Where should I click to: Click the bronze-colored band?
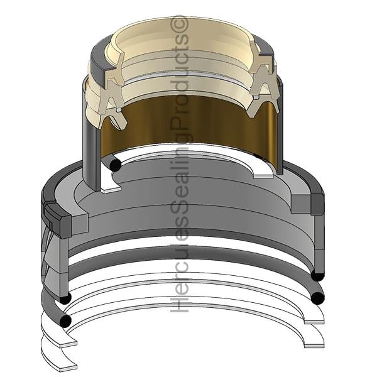(190, 125)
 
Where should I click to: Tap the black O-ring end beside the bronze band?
(115, 165)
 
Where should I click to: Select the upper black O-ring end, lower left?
(65, 298)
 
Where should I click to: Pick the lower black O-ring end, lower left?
(65, 321)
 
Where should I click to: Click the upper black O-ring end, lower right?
(317, 275)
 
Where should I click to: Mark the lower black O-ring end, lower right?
(317, 298)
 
